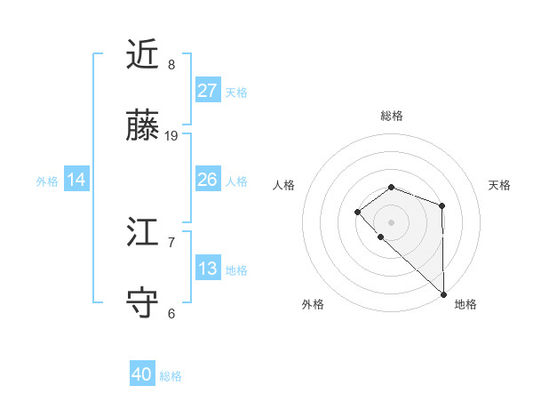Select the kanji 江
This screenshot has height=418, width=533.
pos(143,233)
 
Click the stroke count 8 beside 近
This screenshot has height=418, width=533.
pos(171,65)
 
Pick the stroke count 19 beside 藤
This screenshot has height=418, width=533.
pos(171,136)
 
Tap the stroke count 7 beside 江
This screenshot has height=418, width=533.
pos(171,242)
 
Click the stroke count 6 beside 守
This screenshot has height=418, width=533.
pos(171,313)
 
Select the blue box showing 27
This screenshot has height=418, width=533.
pos(207,91)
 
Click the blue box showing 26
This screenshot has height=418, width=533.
pos(207,180)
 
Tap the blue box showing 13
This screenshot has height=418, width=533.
pos(207,269)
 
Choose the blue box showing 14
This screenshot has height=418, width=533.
pos(76,180)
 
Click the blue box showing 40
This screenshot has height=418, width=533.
pos(142,374)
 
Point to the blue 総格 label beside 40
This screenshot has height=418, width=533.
pos(171,376)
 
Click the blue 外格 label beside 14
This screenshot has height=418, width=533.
pos(47,181)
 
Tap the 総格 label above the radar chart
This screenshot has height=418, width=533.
pos(392,116)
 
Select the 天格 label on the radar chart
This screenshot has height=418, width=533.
pos(500,185)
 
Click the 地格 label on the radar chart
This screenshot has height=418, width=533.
pos(465,304)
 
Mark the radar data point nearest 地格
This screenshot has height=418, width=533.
pos(443,293)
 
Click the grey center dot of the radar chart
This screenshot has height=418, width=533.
pos(392,221)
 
